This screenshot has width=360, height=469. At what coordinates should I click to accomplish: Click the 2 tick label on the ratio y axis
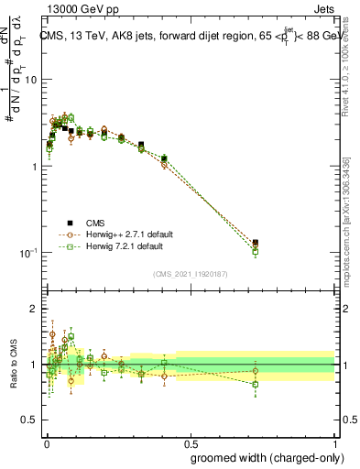click(x=35, y=309)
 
